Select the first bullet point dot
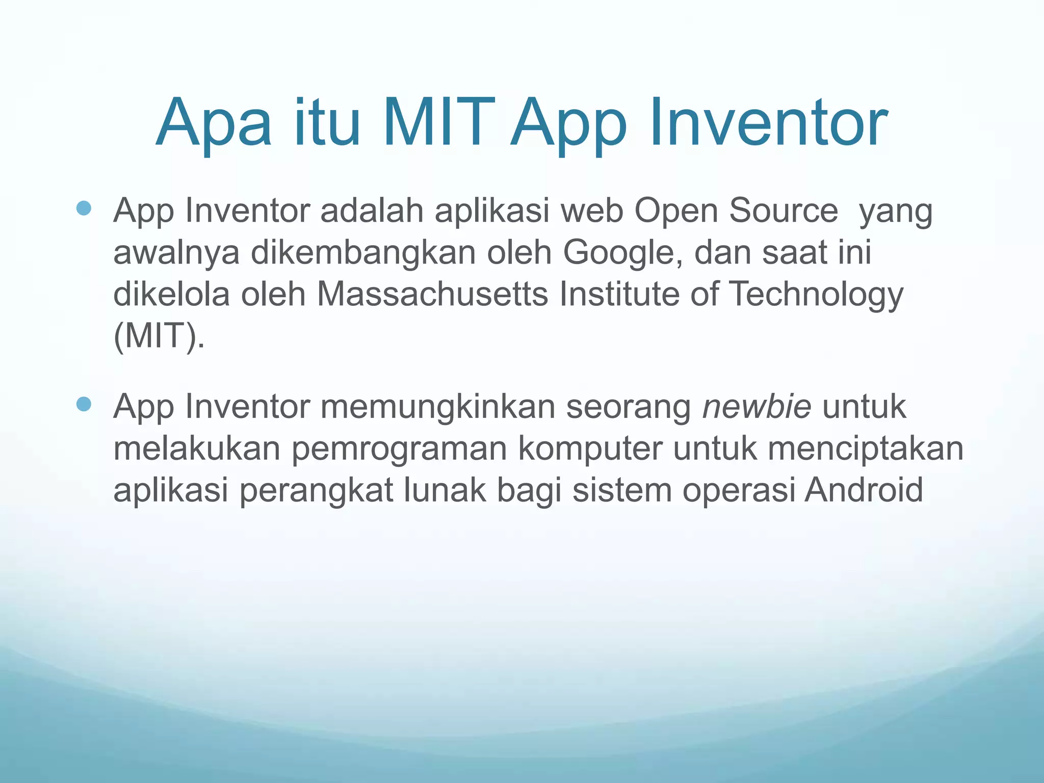[x=83, y=208]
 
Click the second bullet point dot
[x=83, y=404]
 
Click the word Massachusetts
[x=432, y=294]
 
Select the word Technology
[x=816, y=294]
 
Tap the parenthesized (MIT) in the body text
[x=159, y=336]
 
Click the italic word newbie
[x=756, y=406]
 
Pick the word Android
[x=864, y=490]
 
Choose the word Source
[x=784, y=211]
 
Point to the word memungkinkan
[x=437, y=406]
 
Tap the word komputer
[x=590, y=448]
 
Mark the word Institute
[x=619, y=294]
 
